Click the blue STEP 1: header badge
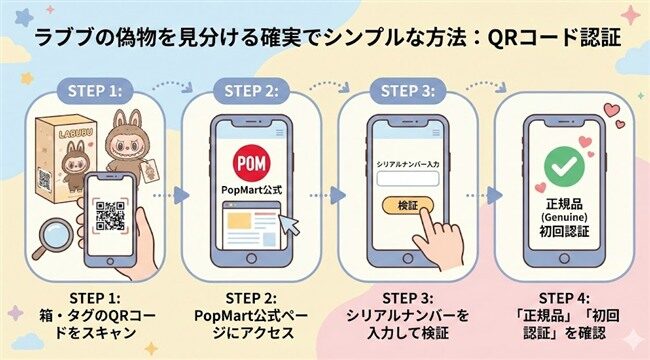[x=95, y=91]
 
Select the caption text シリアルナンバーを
[x=408, y=314]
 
